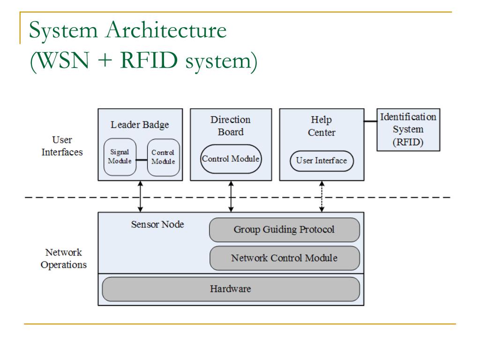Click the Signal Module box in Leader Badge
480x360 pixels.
pyautogui.click(x=120, y=157)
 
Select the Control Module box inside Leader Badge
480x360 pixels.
pyautogui.click(x=163, y=157)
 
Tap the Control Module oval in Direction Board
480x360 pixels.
pyautogui.click(x=231, y=159)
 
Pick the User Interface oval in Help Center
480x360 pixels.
pyautogui.click(x=322, y=161)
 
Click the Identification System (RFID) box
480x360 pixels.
pyautogui.click(x=408, y=130)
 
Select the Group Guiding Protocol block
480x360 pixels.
pyautogui.click(x=285, y=230)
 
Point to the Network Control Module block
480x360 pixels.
pyautogui.click(x=285, y=258)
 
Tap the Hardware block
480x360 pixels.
pyautogui.click(x=231, y=289)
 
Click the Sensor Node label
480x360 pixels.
pyautogui.click(x=157, y=225)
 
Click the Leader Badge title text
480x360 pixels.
pyautogui.click(x=140, y=125)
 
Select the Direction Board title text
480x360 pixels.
pyautogui.click(x=231, y=126)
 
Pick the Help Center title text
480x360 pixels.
pyautogui.click(x=322, y=126)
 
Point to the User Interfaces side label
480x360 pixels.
pyautogui.click(x=62, y=146)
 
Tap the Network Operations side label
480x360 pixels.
pyautogui.click(x=64, y=258)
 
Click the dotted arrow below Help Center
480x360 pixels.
pyautogui.click(x=322, y=196)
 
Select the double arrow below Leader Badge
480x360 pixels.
pyautogui.click(x=140, y=196)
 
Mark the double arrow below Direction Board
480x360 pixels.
pyautogui.click(x=231, y=196)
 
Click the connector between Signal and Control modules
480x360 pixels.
pyautogui.click(x=142, y=160)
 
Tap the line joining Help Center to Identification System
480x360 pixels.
pyautogui.click(x=370, y=121)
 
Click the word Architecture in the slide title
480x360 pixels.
pyautogui.click(x=166, y=30)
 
